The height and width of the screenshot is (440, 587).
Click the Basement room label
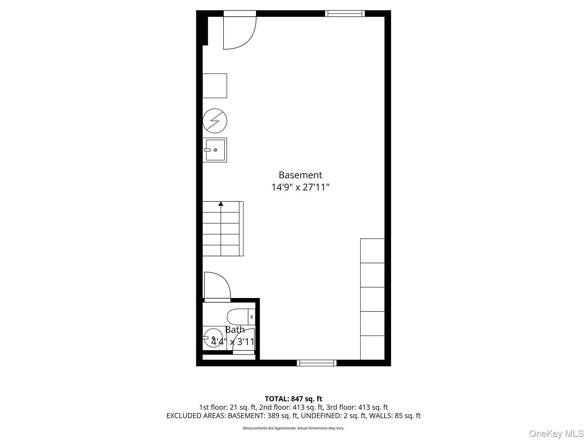coord(300,175)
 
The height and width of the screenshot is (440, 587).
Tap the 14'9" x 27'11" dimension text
coord(300,187)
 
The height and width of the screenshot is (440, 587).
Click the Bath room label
coord(235,330)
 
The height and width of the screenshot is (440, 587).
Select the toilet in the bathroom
coord(241,317)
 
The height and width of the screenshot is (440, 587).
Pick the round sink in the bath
coord(213,338)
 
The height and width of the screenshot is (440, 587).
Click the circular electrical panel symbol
coord(215,121)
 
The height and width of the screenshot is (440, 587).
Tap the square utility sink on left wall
coord(215,150)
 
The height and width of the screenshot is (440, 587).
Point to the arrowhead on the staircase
coord(221,204)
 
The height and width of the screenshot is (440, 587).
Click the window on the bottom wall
coord(317,363)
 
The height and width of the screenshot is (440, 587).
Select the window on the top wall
coord(345,13)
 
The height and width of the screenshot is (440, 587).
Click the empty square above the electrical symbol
coord(215,86)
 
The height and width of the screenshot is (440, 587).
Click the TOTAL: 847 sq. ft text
coord(293,399)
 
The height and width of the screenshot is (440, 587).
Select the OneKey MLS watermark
coord(556,434)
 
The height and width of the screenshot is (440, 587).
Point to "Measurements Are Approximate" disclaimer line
coord(293,428)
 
